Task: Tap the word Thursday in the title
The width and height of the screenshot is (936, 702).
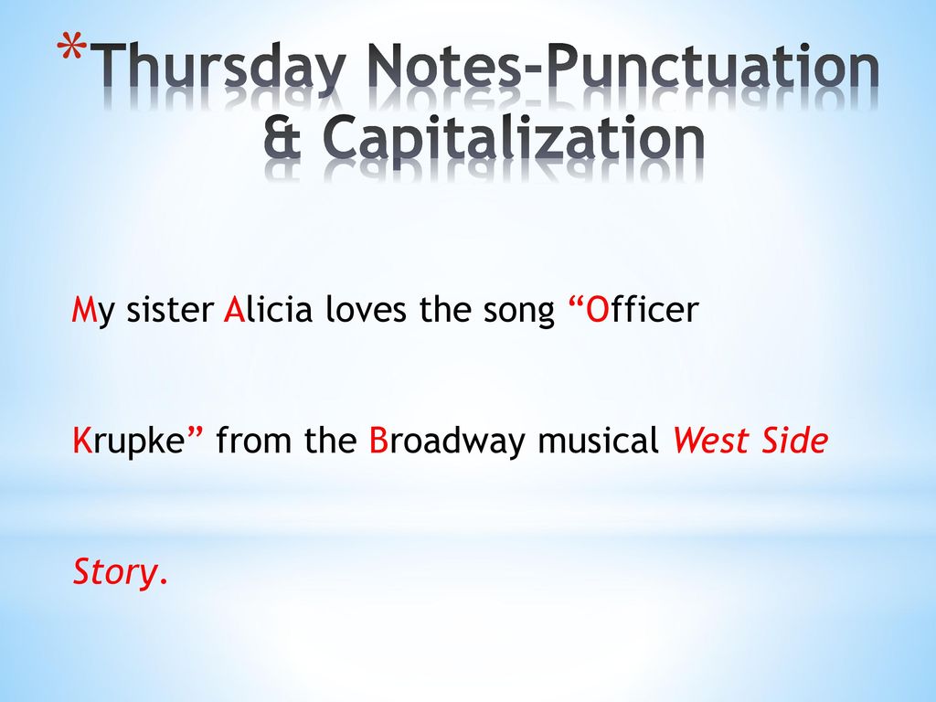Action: [x=221, y=69]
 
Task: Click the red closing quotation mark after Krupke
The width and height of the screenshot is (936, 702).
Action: [x=195, y=432]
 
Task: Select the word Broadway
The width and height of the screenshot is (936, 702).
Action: [x=447, y=442]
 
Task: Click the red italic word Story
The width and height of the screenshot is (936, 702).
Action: [x=114, y=574]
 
